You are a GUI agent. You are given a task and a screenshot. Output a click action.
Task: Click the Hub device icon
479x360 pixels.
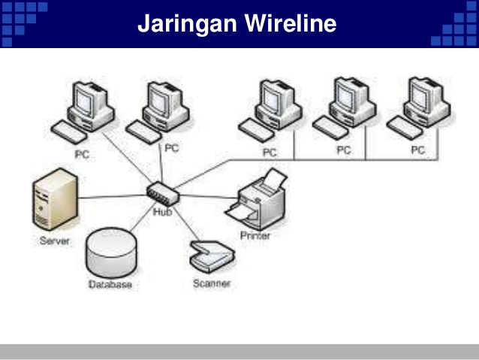tap(162, 194)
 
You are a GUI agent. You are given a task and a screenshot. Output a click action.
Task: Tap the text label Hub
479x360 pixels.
tap(162, 212)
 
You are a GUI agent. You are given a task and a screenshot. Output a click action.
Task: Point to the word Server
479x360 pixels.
tap(55, 241)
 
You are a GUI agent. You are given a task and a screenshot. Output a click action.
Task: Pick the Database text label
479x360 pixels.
tap(110, 285)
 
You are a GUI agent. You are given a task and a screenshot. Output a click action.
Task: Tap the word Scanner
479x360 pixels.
tap(212, 283)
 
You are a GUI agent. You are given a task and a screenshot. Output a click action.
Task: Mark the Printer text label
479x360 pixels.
tap(255, 235)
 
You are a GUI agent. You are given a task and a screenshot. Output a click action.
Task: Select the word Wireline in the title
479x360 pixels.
tap(289, 25)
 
